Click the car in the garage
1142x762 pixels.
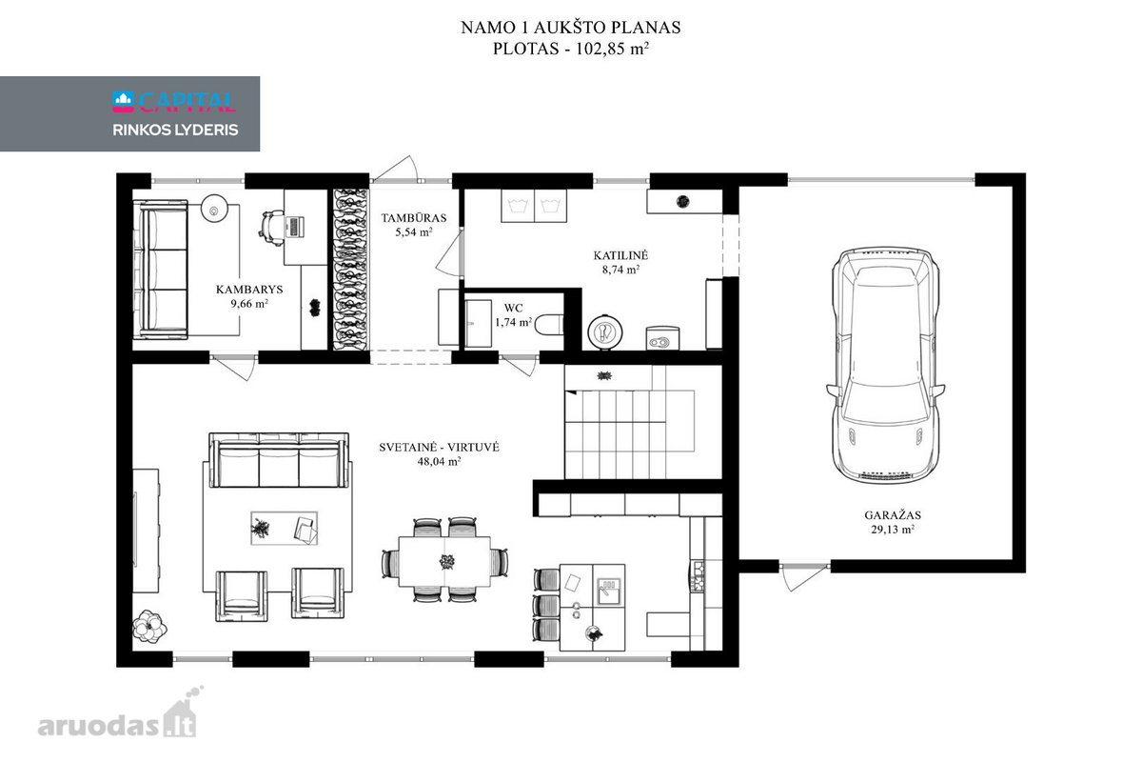(x=886, y=366)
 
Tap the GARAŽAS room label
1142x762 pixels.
(x=893, y=515)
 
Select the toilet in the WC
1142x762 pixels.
(x=549, y=325)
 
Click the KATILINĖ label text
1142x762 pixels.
(x=620, y=255)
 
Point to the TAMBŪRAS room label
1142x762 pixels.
(x=414, y=218)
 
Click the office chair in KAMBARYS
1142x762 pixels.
(x=271, y=228)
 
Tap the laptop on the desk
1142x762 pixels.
(x=294, y=227)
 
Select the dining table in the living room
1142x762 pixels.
(x=444, y=561)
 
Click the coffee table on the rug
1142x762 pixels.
(x=284, y=529)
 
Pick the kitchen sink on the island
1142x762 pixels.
(x=609, y=591)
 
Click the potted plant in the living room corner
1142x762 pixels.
(x=149, y=625)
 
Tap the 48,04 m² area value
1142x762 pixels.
(x=439, y=461)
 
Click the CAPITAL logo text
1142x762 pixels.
(x=187, y=102)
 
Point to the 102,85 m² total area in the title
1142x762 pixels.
(x=612, y=49)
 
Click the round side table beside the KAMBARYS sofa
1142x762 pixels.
(x=214, y=209)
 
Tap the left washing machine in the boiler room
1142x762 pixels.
(x=518, y=206)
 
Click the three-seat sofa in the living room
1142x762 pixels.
(x=279, y=460)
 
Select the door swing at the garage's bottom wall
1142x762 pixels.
(x=802, y=576)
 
